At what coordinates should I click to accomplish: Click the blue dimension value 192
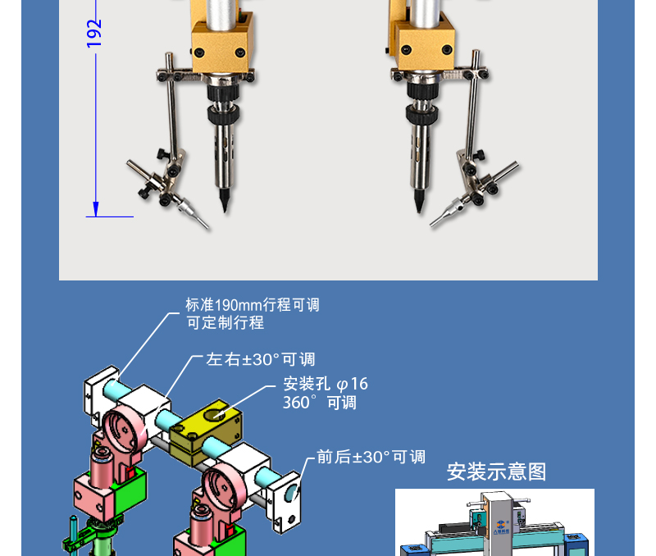point(94,34)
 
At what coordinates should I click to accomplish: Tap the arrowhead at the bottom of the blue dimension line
point(96,209)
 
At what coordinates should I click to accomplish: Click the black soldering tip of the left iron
point(225,199)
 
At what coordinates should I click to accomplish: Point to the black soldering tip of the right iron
point(419,200)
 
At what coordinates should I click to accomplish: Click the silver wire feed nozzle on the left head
point(193,212)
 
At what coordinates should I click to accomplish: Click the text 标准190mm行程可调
point(253,305)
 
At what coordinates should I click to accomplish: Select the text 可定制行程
point(225,322)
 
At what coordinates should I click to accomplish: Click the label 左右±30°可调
point(260,359)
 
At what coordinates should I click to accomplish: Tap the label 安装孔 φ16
point(326,384)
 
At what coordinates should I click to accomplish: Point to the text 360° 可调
point(320,403)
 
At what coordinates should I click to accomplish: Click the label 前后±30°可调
point(371,457)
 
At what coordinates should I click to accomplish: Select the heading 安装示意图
point(496,472)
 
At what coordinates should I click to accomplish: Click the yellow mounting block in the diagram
point(206,431)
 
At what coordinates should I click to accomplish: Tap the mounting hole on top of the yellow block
point(216,414)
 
